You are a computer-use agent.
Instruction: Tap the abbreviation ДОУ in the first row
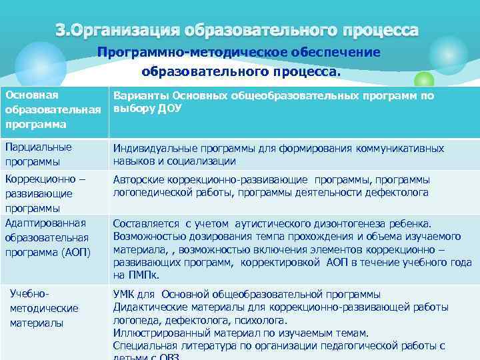click(170, 109)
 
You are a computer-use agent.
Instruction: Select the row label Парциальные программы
click(38, 154)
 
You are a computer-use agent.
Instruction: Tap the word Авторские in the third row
click(135, 179)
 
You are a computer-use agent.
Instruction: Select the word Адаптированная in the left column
click(45, 223)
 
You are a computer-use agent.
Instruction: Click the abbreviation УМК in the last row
click(125, 294)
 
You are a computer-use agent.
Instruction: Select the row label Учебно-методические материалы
click(44, 308)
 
